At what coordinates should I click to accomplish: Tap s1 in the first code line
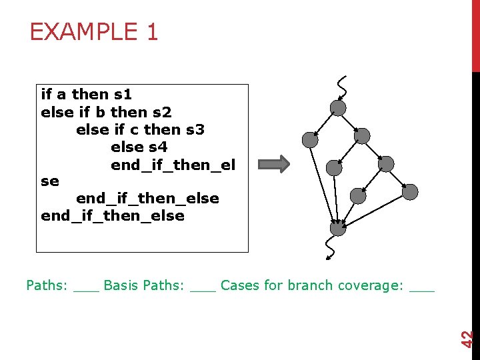[123, 95]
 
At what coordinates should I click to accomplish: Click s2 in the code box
[163, 112]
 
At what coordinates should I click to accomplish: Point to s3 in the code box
[195, 129]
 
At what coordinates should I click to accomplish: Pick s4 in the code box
[158, 147]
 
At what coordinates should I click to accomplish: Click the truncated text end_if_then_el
[173, 164]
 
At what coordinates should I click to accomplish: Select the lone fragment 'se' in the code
[50, 181]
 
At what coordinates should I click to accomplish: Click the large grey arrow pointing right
[274, 164]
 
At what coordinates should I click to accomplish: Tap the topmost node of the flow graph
[339, 107]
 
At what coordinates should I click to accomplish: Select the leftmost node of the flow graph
[309, 139]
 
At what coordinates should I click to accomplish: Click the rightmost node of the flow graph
[410, 193]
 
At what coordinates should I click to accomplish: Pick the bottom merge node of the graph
[339, 229]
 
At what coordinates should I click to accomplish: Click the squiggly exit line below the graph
[329, 248]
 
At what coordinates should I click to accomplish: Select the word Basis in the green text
[121, 286]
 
